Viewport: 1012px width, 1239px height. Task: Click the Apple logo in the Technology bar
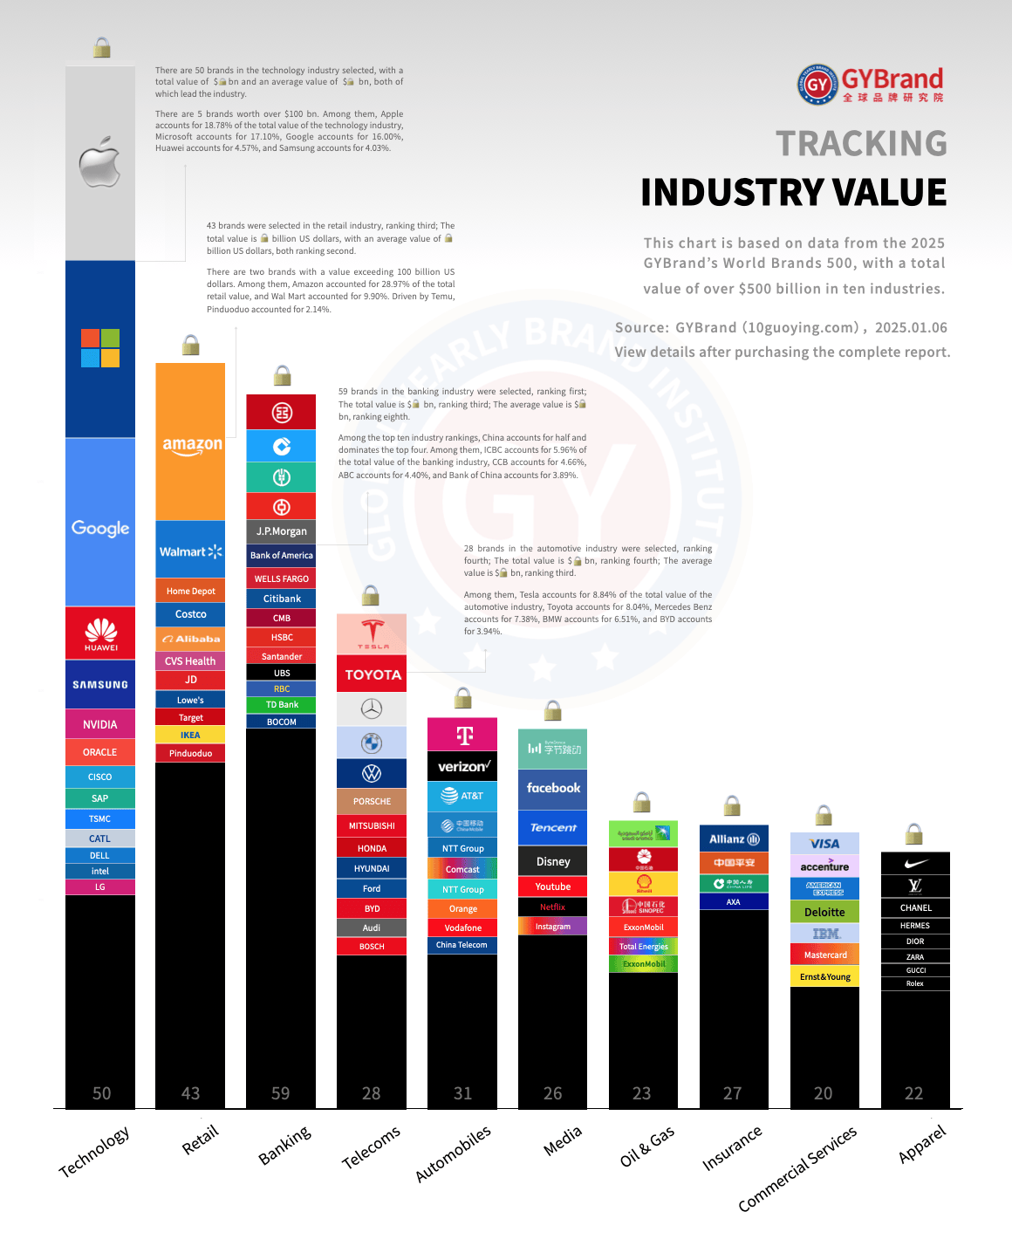click(x=99, y=162)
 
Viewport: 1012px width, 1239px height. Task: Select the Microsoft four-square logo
click(x=100, y=348)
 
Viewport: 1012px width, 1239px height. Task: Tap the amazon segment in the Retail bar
click(x=191, y=444)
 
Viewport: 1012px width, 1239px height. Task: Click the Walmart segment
click(x=190, y=551)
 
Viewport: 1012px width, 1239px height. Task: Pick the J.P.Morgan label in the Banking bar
click(x=281, y=531)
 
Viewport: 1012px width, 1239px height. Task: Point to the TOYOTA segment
click(x=373, y=674)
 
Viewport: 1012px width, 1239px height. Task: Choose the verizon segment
click(x=463, y=766)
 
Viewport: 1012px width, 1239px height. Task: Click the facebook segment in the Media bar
click(x=553, y=788)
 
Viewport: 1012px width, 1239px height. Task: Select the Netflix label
click(x=552, y=907)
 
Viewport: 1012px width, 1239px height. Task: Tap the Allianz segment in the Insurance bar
click(x=734, y=839)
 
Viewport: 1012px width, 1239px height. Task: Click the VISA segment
click(x=824, y=844)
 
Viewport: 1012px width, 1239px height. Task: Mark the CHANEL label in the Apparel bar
click(x=915, y=908)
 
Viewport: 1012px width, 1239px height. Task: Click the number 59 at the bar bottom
click(x=280, y=1093)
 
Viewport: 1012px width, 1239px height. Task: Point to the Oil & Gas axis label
click(x=647, y=1147)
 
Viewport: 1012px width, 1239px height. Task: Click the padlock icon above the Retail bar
click(x=190, y=346)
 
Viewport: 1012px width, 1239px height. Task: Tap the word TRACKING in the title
click(x=861, y=144)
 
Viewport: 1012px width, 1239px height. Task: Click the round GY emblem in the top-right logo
click(x=817, y=85)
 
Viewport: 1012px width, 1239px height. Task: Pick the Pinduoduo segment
click(x=190, y=753)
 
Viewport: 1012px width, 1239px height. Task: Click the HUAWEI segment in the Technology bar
click(x=100, y=633)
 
